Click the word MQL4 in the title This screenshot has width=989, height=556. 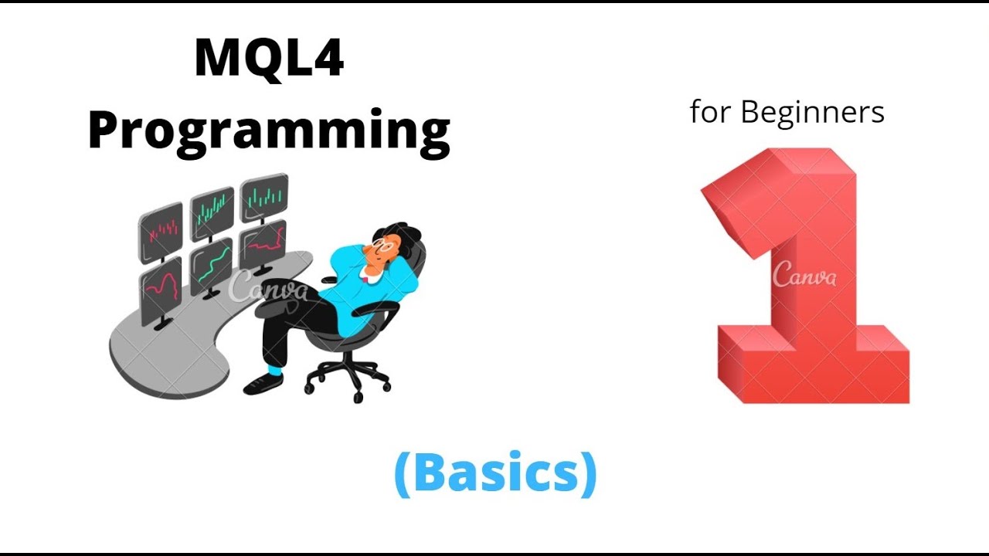coord(269,59)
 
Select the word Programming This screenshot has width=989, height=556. coord(269,130)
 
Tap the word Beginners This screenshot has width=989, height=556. coord(812,113)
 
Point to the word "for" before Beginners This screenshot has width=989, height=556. coord(710,113)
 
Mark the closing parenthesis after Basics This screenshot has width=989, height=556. coord(587,473)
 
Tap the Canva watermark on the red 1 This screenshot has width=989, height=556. coord(804,274)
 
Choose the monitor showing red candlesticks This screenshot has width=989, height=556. coord(161,229)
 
